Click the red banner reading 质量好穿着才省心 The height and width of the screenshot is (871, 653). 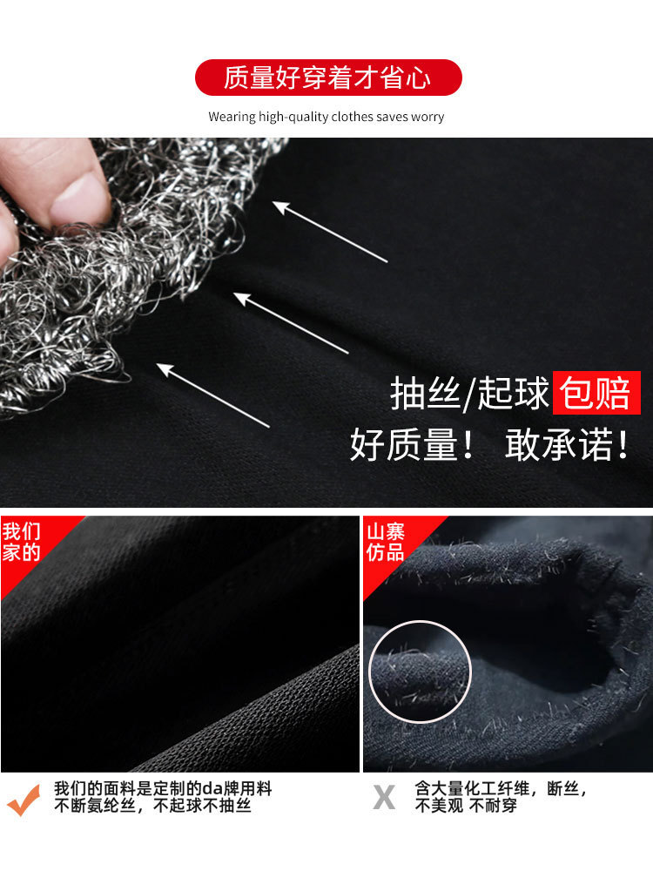(328, 78)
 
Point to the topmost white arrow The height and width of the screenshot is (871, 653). (330, 232)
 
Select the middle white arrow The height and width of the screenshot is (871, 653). (291, 323)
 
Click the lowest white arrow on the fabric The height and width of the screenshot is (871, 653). (213, 395)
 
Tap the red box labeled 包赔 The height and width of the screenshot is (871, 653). (596, 393)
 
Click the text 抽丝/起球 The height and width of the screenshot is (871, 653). (469, 393)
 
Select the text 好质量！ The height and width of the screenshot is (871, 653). (413, 444)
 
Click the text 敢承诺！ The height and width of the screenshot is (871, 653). (567, 444)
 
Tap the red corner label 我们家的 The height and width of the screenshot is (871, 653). (21, 542)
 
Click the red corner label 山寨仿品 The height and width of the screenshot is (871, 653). (386, 542)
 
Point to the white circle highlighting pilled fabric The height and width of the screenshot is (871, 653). (420, 621)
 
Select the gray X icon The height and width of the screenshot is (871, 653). (384, 798)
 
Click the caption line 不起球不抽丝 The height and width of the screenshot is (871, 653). (202, 806)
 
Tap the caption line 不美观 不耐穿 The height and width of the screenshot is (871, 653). (466, 806)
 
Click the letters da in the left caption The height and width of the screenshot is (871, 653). (212, 788)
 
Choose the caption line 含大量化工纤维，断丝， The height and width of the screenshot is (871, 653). (501, 788)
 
